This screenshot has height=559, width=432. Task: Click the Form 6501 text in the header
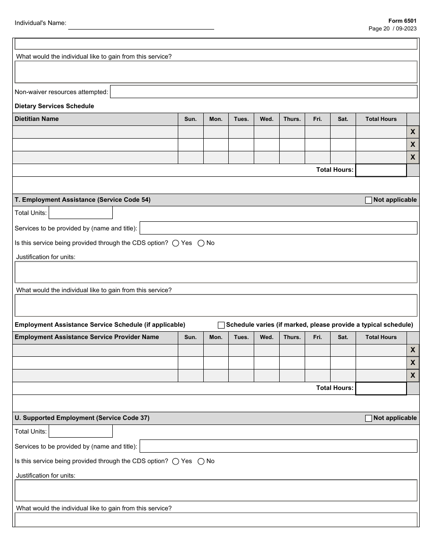click(x=402, y=21)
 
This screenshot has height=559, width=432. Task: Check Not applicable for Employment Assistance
click(x=369, y=200)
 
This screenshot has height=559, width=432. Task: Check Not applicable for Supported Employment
click(x=369, y=418)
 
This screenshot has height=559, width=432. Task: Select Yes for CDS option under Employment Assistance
click(x=176, y=243)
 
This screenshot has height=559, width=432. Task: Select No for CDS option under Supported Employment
click(x=201, y=461)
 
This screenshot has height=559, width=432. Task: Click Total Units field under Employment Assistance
click(x=80, y=213)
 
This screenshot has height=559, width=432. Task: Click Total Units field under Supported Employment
click(x=80, y=431)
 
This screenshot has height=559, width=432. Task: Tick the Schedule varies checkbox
click(x=221, y=325)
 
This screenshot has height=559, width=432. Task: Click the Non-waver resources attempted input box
click(x=263, y=92)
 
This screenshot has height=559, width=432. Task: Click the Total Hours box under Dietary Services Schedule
click(x=381, y=170)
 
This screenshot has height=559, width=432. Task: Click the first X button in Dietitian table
click(x=412, y=132)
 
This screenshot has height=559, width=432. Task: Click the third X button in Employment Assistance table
click(x=412, y=375)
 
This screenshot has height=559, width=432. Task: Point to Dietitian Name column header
click(x=37, y=119)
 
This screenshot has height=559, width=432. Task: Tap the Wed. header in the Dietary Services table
click(x=266, y=119)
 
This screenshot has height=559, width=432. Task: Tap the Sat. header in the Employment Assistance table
click(x=343, y=337)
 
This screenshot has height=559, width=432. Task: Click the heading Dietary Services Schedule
click(x=55, y=106)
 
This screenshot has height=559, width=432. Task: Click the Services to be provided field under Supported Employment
click(x=278, y=446)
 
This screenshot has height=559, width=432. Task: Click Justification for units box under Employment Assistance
click(x=216, y=272)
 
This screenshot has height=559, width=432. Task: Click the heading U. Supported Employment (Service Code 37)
click(x=82, y=418)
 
